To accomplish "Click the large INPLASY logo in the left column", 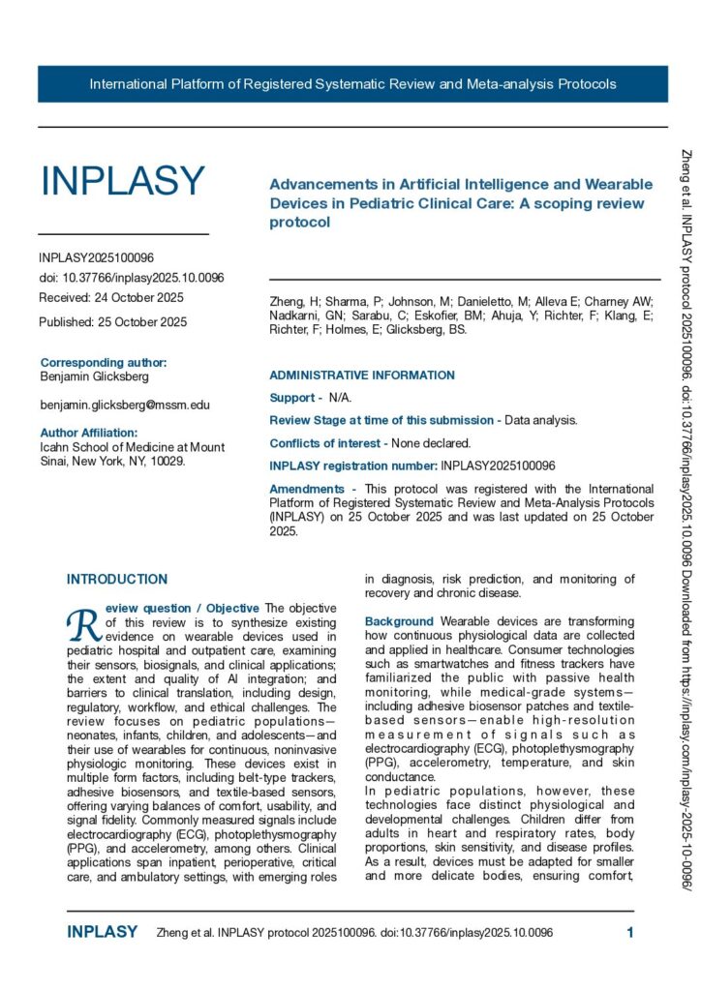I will (122, 182).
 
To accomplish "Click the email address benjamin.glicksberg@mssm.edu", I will (125, 405).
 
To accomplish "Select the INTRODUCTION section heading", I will (117, 580).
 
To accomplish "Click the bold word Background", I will (399, 620).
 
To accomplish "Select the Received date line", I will (111, 297).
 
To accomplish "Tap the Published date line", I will (113, 321).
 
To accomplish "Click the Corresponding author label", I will (104, 363).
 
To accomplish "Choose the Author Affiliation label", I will (89, 433).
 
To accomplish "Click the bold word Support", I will (291, 398).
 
